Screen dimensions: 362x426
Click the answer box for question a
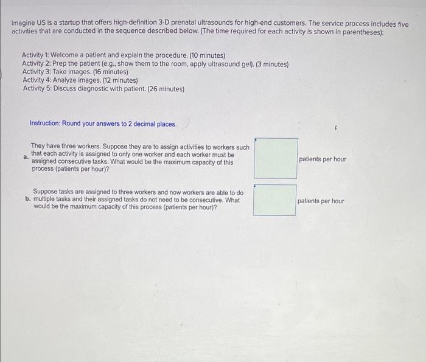(276, 158)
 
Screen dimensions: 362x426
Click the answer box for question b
(275, 200)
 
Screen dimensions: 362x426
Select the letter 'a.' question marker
(26, 157)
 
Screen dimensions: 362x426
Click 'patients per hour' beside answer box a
(323, 159)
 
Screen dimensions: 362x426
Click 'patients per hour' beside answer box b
(321, 201)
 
